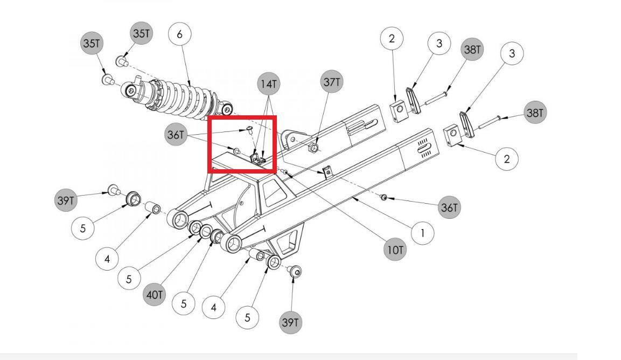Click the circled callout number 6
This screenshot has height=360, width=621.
coord(179,34)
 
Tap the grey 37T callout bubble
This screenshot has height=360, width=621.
coord(332,82)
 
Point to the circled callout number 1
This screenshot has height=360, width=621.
coord(422,233)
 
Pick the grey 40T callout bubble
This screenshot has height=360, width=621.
coord(155,295)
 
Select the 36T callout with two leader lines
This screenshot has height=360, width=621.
coord(176,135)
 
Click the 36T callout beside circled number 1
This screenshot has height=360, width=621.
coord(449,207)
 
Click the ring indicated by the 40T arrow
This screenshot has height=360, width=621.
coord(206,232)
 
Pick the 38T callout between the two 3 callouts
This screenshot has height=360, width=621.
coord(472,49)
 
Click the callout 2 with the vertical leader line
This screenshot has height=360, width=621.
coord(392,38)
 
